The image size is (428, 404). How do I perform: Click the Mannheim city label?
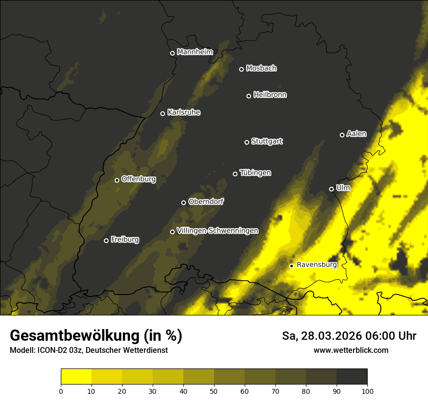pyautogui.click(x=195, y=52)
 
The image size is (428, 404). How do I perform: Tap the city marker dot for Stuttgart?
pyautogui.click(x=247, y=142)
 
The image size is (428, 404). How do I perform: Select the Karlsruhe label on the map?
pyautogui.click(x=183, y=112)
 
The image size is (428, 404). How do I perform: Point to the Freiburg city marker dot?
pyautogui.click(x=106, y=240)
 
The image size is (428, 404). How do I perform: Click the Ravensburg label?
pyautogui.click(x=316, y=265)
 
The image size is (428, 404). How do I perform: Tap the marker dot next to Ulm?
pyautogui.click(x=331, y=189)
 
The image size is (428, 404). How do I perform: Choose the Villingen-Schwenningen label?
pyautogui.click(x=217, y=231)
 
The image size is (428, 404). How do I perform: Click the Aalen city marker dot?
pyautogui.click(x=342, y=135)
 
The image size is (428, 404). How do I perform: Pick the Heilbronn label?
pyautogui.click(x=269, y=95)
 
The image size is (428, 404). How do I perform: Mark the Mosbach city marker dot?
pyautogui.click(x=241, y=69)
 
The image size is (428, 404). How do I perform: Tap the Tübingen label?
pyautogui.click(x=255, y=173)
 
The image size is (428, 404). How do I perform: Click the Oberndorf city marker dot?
pyautogui.click(x=183, y=202)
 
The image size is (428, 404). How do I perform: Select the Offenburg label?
pyautogui.click(x=138, y=179)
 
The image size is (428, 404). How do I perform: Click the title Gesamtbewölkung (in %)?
pyautogui.click(x=96, y=336)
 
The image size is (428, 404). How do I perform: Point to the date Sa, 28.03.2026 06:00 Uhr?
pyautogui.click(x=349, y=336)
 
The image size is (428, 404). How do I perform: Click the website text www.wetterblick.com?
pyautogui.click(x=351, y=350)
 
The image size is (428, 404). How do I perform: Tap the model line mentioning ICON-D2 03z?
pyautogui.click(x=89, y=350)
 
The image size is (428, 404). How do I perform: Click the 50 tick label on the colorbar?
pyautogui.click(x=214, y=390)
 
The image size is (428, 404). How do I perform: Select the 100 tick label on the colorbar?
pyautogui.click(x=367, y=390)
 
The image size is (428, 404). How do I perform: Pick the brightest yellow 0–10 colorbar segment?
pyautogui.click(x=76, y=377)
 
